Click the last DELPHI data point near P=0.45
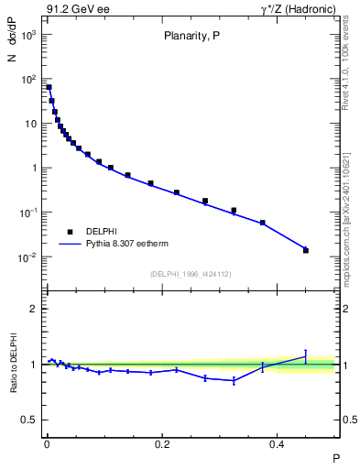306,250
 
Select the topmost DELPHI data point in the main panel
49,87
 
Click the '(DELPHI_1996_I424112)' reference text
191,273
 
